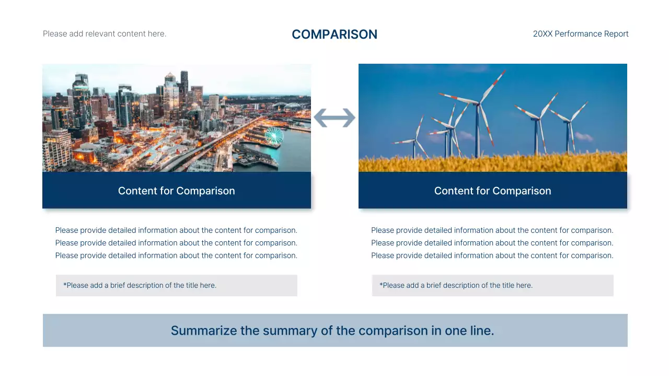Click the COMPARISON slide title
tap(334, 34)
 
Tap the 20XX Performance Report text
tap(580, 34)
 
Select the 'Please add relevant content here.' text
tap(105, 34)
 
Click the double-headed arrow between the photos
tap(334, 118)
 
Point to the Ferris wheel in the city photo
tap(273, 136)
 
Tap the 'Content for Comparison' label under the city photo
tap(176, 191)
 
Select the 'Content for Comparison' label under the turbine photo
tap(492, 191)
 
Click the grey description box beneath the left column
tap(177, 286)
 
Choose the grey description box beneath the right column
tap(492, 286)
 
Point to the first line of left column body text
tap(176, 230)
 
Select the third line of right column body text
tap(492, 255)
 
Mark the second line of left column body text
tap(176, 243)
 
